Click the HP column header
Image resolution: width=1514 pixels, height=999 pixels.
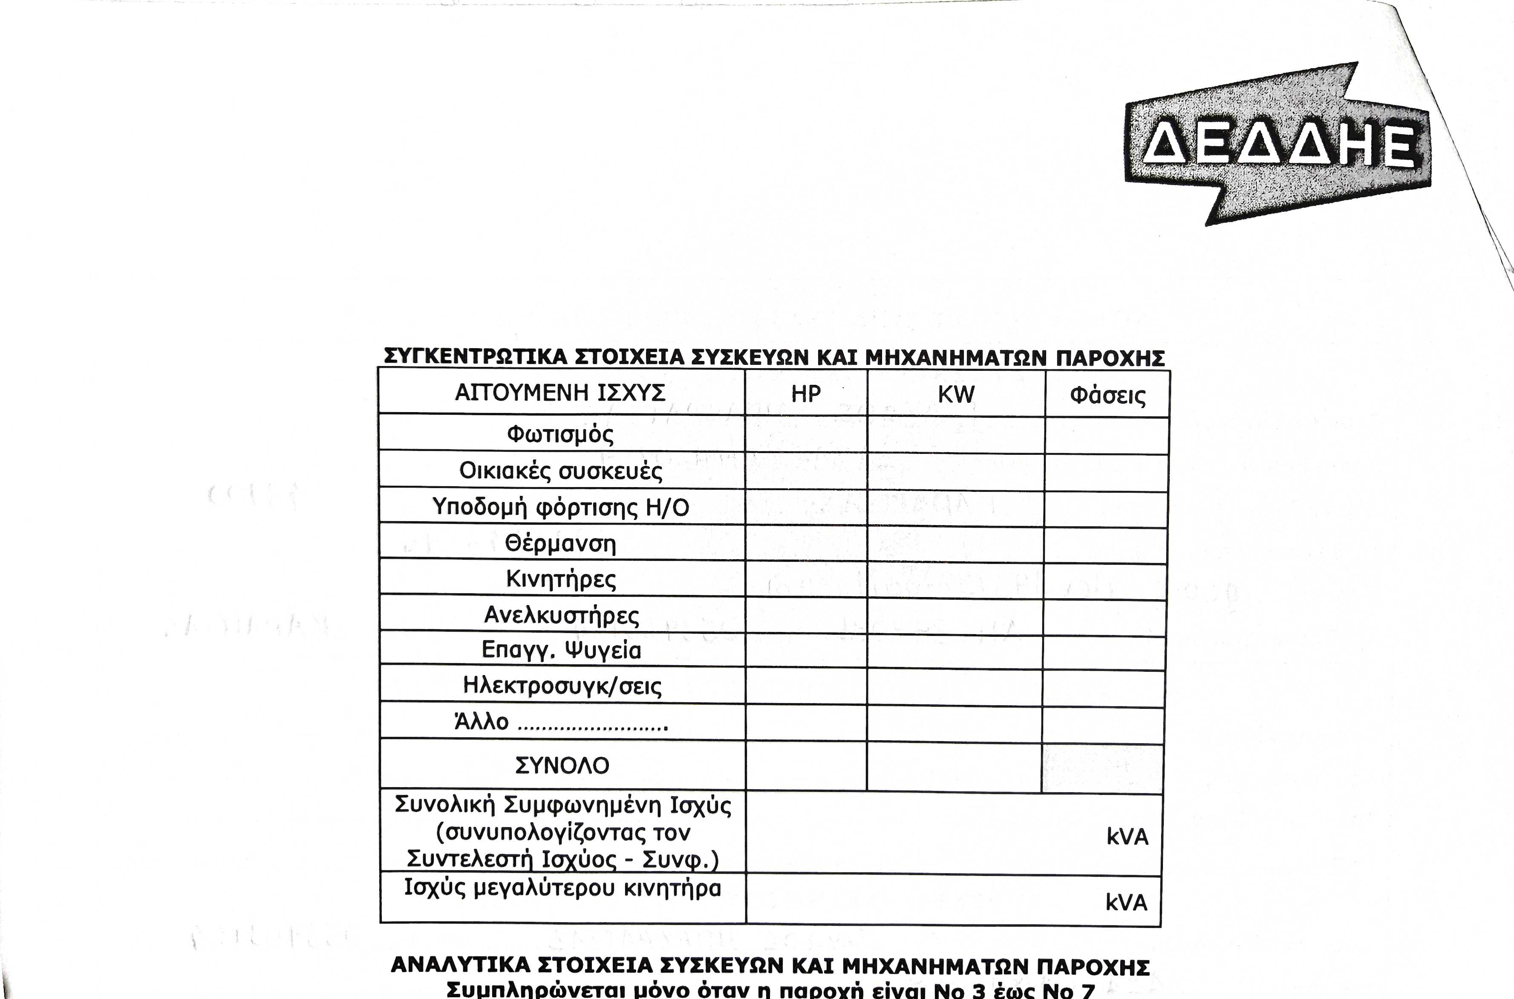[x=806, y=394]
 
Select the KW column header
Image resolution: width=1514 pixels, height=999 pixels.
[x=956, y=394]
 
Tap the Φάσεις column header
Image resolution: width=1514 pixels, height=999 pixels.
[x=1107, y=396]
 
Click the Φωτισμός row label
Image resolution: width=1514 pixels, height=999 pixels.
[x=560, y=435]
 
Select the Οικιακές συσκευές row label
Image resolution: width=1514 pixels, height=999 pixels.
[x=560, y=471]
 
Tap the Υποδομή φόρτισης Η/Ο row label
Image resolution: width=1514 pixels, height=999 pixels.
[x=560, y=507]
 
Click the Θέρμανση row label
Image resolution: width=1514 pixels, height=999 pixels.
[x=560, y=543]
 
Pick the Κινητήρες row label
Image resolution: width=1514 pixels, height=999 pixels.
[x=560, y=579]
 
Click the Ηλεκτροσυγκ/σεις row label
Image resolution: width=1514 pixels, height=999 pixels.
[x=562, y=686]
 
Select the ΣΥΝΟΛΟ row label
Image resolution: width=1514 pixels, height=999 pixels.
[x=562, y=765]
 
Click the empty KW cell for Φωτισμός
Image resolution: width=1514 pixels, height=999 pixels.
[x=955, y=435]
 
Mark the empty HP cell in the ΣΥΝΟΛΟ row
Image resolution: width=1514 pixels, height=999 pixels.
[x=806, y=766]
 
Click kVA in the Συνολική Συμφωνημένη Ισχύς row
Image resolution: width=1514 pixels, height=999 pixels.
[x=1127, y=837]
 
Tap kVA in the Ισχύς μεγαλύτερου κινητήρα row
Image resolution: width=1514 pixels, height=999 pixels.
[x=1125, y=903]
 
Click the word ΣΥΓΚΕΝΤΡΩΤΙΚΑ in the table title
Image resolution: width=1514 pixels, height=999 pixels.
[x=475, y=357]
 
